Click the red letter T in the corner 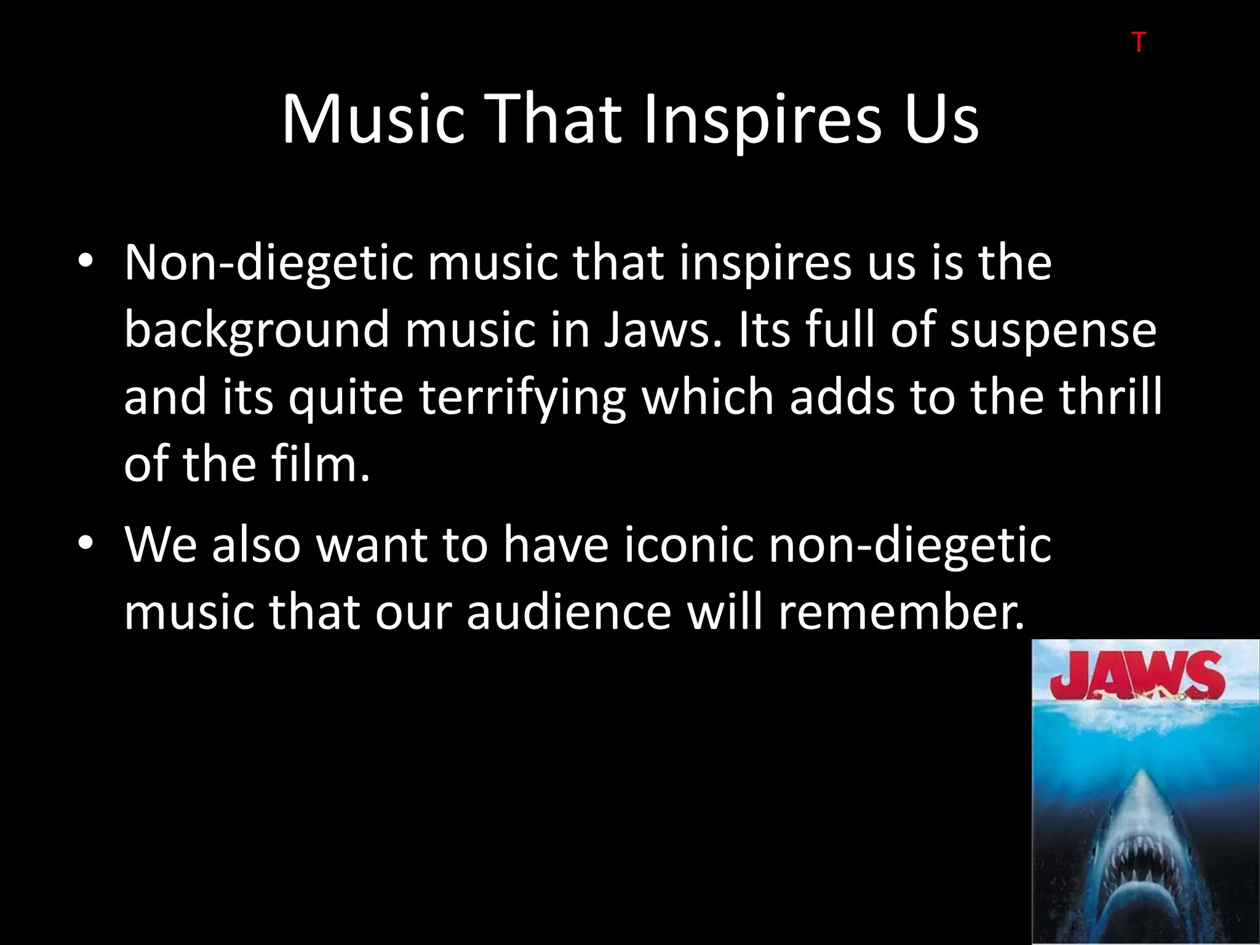(x=1138, y=42)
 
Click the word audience (x=568, y=612)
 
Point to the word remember (x=901, y=612)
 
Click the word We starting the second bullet (x=161, y=544)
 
